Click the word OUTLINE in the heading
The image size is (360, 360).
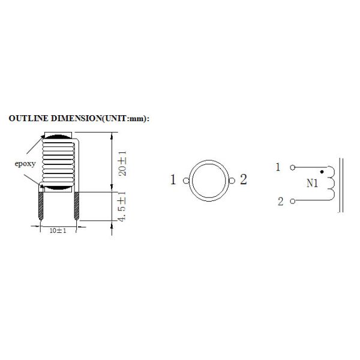[x=28, y=118]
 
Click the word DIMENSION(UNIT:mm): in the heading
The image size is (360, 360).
[x=100, y=118]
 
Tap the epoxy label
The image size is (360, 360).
[x=25, y=164]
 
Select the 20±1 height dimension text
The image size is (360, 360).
[x=122, y=163]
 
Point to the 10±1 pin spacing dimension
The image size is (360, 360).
[x=58, y=230]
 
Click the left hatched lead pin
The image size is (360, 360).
[x=41, y=206]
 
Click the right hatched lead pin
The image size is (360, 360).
[x=77, y=206]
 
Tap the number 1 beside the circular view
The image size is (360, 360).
[x=173, y=179]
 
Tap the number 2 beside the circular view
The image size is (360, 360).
[x=244, y=179]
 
